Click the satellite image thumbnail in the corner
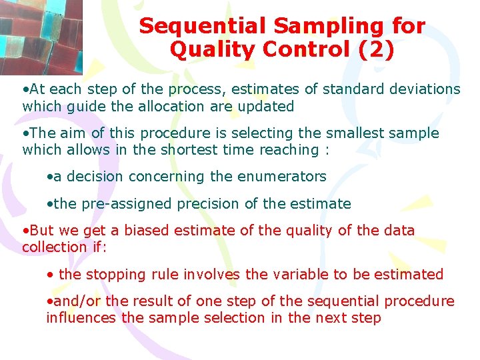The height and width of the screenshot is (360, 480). click(x=41, y=37)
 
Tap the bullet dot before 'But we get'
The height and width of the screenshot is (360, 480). click(x=25, y=231)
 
